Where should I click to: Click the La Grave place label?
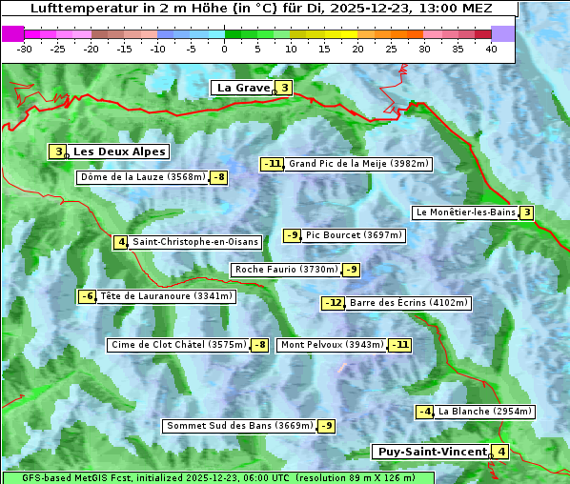click(242, 88)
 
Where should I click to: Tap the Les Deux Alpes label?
click(119, 151)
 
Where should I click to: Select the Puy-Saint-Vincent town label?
click(430, 452)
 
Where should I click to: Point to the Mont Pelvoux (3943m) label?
click(332, 345)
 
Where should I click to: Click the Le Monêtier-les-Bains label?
click(465, 212)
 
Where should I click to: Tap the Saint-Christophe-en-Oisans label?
click(195, 242)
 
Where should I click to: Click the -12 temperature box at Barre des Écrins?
click(333, 303)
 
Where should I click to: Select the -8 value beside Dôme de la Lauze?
click(219, 177)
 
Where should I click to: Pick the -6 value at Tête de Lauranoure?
click(88, 296)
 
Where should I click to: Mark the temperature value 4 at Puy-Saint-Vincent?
click(501, 452)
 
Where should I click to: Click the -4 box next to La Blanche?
click(425, 412)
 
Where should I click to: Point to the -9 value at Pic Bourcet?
click(293, 235)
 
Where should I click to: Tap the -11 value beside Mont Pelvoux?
click(399, 345)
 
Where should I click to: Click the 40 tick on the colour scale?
click(491, 49)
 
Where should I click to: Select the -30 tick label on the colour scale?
click(25, 49)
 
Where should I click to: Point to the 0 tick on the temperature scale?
click(225, 49)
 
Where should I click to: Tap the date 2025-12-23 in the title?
click(400, 9)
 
